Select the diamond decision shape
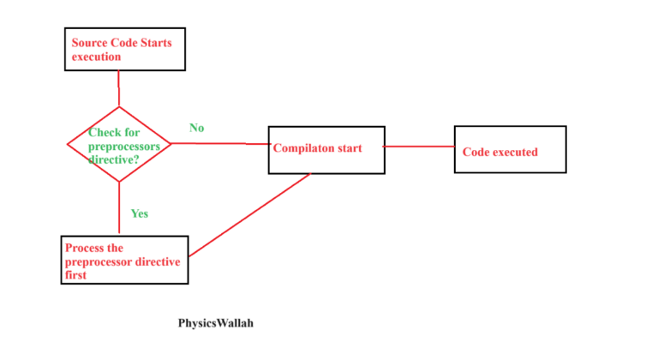[119, 144]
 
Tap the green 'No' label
[196, 128]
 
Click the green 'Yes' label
[139, 213]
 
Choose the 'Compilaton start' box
[326, 150]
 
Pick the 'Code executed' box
[510, 150]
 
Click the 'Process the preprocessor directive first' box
[124, 260]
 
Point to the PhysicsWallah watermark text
[216, 324]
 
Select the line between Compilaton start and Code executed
[419, 147]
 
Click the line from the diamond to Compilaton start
[220, 143]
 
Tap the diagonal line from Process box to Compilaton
[248, 214]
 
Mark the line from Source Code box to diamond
[118, 88]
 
